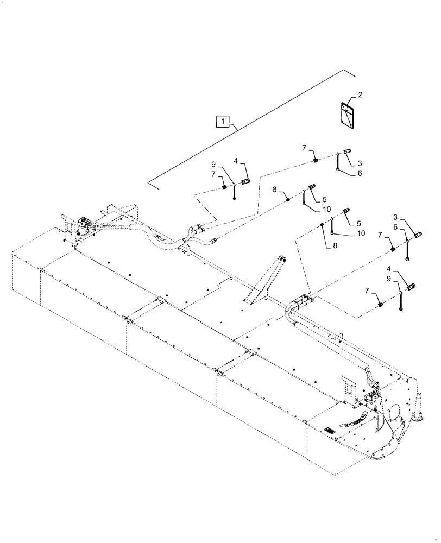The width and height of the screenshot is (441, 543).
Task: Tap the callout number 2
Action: tap(360, 94)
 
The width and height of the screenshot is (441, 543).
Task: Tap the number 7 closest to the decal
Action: tap(305, 148)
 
